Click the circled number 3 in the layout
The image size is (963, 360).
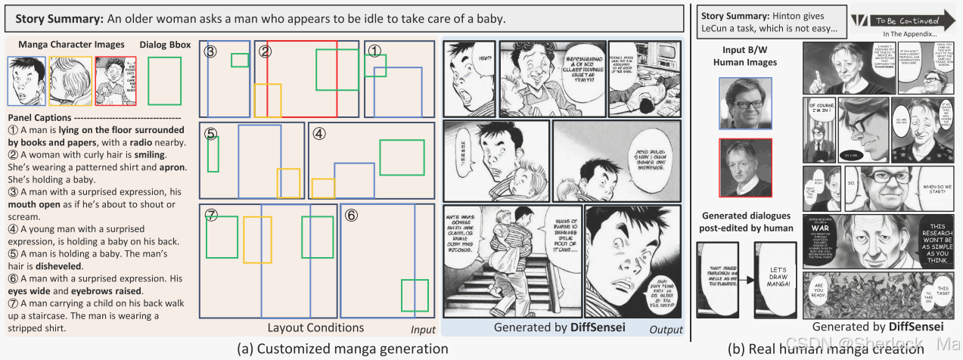[210, 51]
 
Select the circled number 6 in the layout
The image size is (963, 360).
[350, 214]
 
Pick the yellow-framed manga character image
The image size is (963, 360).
[70, 81]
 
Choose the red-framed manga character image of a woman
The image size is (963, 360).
[116, 81]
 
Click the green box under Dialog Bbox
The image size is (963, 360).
[164, 81]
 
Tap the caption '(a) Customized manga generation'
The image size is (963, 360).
[343, 349]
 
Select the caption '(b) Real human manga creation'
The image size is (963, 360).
[825, 349]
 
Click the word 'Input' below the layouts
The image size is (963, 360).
[423, 330]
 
